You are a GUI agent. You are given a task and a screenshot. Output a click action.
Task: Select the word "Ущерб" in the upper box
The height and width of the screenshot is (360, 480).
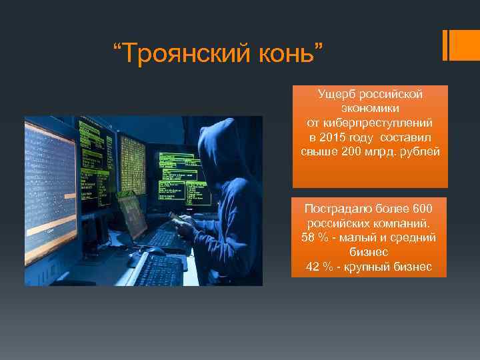[x=338, y=95]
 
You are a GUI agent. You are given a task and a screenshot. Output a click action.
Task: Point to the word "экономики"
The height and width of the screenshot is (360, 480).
[x=369, y=109]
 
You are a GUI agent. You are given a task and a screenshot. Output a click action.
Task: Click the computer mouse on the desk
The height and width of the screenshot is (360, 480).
[x=155, y=251]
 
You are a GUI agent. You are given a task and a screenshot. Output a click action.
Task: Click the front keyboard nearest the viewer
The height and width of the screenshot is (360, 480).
[x=160, y=269]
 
